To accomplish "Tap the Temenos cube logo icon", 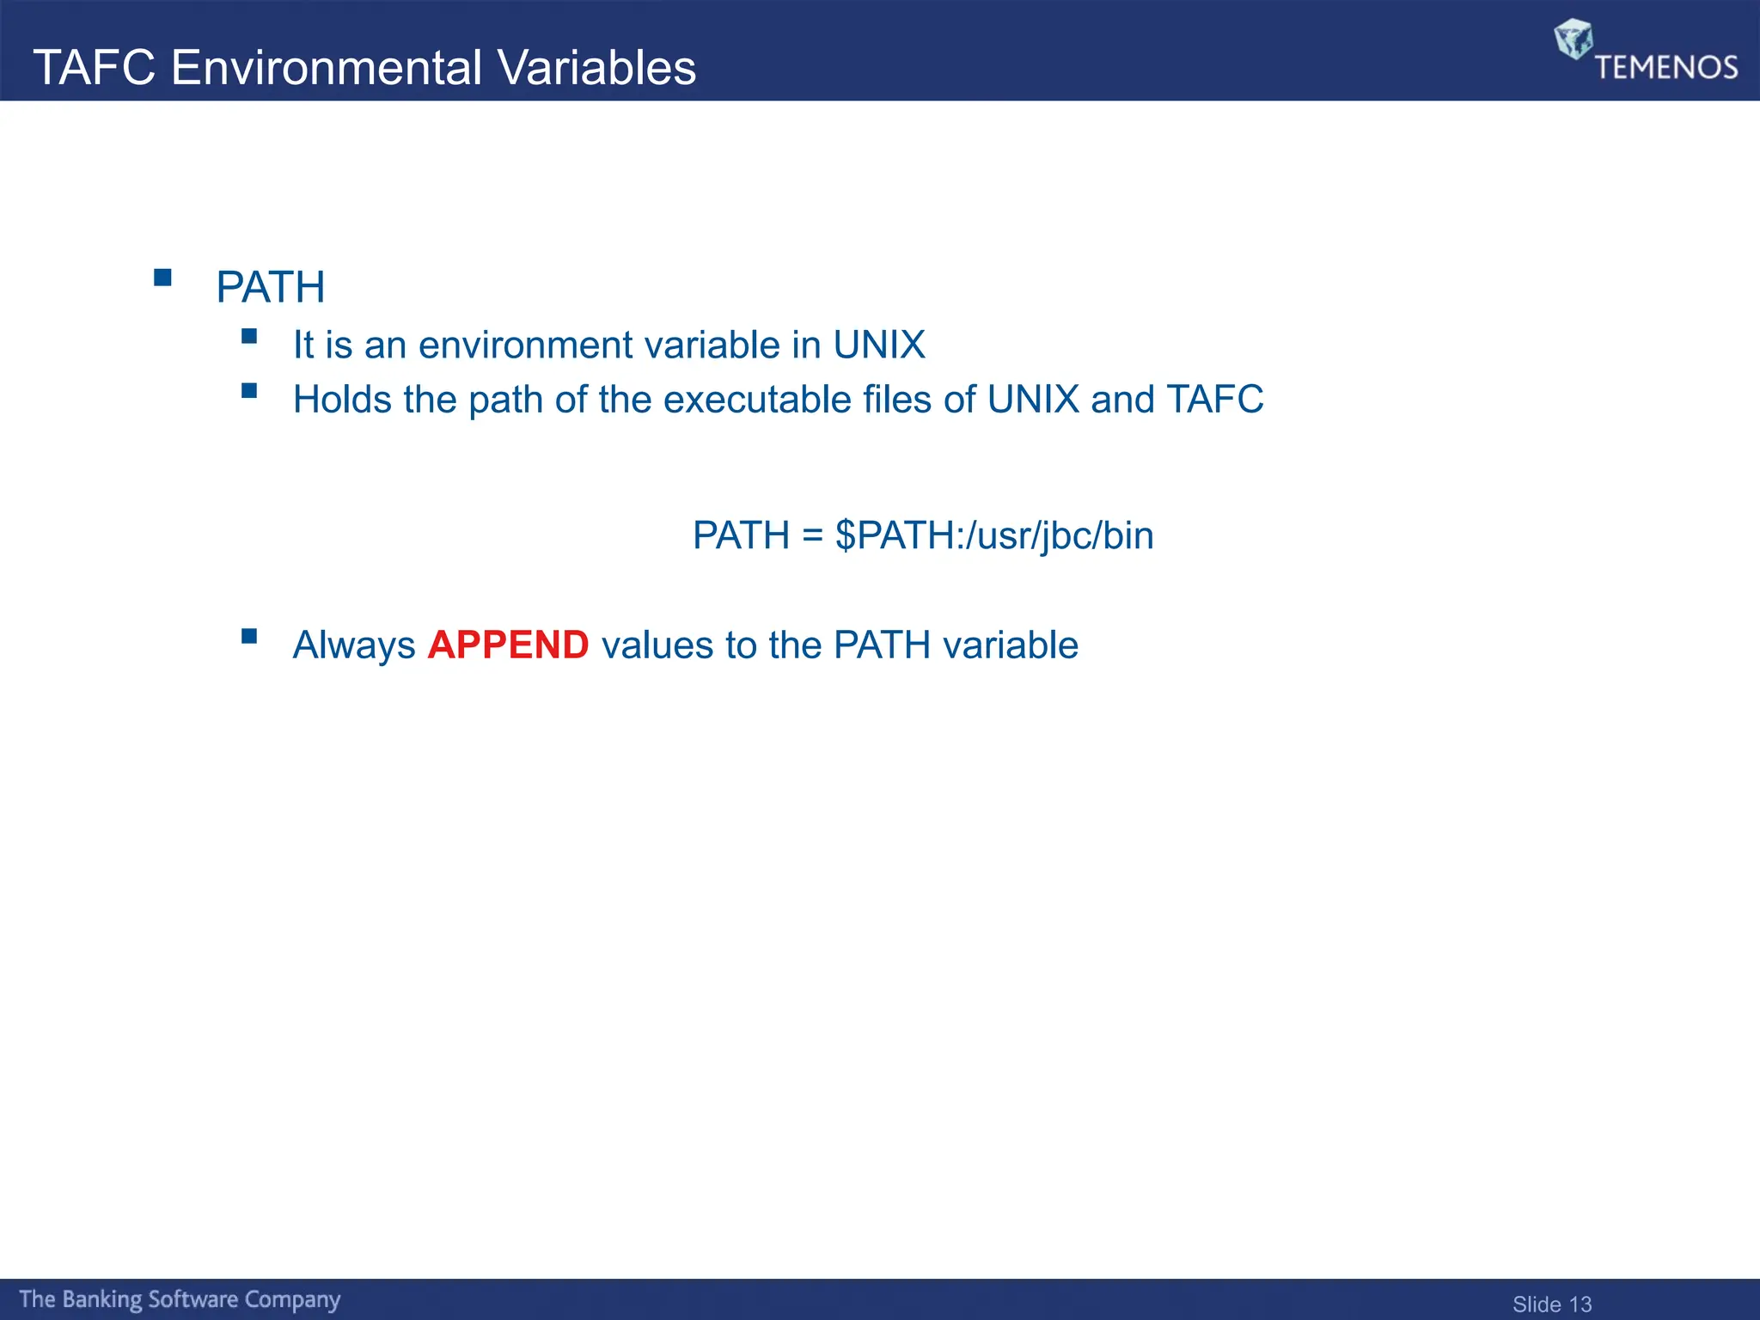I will point(1573,39).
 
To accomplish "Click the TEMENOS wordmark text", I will point(1665,67).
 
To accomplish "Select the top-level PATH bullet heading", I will point(270,287).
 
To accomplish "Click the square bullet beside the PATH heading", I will point(162,278).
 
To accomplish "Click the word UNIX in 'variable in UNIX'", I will point(878,345).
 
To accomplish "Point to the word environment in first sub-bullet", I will point(525,345).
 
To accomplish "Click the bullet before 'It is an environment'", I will point(249,336).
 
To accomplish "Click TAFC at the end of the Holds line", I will point(1214,400).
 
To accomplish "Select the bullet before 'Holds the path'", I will point(249,391).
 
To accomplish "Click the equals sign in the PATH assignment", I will point(812,536).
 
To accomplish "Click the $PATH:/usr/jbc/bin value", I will point(993,536).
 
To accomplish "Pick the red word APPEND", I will point(508,645).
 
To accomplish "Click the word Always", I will point(353,645).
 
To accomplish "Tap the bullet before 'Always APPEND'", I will point(249,636).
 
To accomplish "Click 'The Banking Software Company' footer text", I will point(180,1299).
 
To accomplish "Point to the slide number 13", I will point(1580,1305).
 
